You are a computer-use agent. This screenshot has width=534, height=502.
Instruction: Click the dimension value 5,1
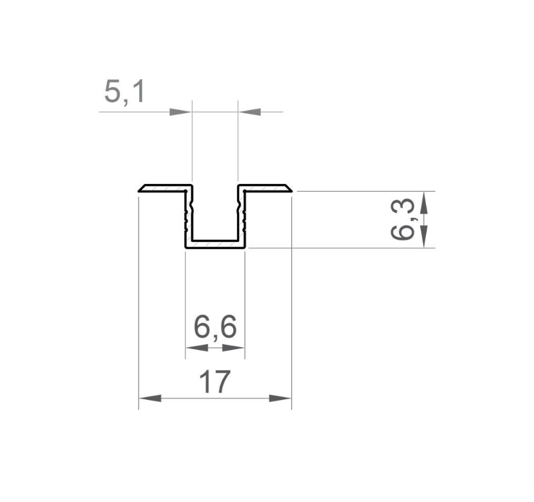coord(124,92)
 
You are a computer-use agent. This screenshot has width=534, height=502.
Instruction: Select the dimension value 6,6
coord(215,328)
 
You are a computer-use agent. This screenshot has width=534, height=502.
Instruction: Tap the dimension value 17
coord(214,382)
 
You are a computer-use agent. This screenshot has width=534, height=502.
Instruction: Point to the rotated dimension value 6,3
coord(402,219)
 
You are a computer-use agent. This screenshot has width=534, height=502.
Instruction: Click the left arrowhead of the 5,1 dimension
coord(180,112)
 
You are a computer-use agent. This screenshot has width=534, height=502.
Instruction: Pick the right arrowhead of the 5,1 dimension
coord(249,112)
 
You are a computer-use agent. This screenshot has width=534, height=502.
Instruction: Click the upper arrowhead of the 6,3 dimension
coord(423,202)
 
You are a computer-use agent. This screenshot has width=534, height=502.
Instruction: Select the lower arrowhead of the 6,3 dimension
coord(423,237)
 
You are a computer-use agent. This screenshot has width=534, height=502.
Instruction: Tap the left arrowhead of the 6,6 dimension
coord(197,348)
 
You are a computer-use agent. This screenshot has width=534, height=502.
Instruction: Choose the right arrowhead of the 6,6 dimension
coord(233,348)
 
